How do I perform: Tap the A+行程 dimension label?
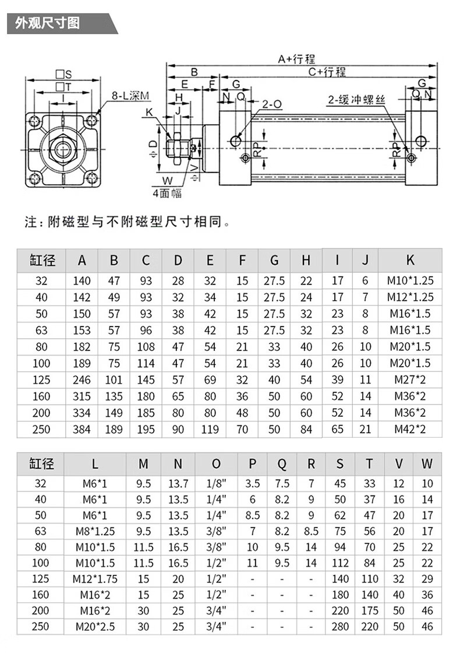(x=295, y=59)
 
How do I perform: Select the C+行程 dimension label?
(x=327, y=72)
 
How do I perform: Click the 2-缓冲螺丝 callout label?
(x=357, y=101)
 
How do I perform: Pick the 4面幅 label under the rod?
(x=167, y=193)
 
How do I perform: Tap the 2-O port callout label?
(x=272, y=104)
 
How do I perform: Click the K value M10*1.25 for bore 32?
(x=410, y=281)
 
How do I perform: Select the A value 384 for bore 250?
(x=82, y=430)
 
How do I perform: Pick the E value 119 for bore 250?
(x=210, y=430)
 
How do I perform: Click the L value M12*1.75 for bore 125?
(x=95, y=579)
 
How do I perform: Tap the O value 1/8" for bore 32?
(x=216, y=483)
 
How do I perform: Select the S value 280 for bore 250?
(x=340, y=627)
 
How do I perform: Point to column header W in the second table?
(x=427, y=464)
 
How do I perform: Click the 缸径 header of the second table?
(x=42, y=464)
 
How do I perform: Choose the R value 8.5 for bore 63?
(x=311, y=531)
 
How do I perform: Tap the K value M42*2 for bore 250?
(x=410, y=430)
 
